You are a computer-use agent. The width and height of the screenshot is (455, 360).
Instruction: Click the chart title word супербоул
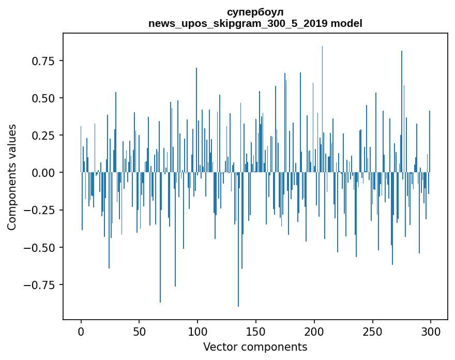click(x=255, y=12)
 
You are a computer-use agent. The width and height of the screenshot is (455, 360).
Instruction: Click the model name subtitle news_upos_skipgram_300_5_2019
click(x=255, y=23)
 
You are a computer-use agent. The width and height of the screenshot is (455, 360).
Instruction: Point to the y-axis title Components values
click(x=11, y=177)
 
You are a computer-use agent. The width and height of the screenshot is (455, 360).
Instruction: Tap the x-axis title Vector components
click(x=255, y=347)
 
